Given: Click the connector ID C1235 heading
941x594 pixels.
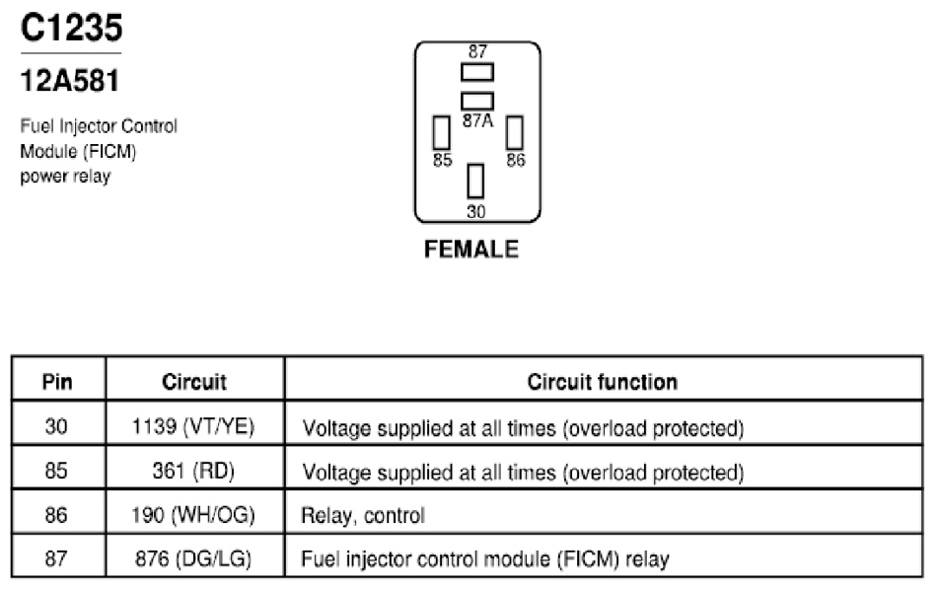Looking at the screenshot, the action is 71,28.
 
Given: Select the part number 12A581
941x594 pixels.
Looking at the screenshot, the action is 70,81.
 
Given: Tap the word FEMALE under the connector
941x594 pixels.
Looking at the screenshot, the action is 471,250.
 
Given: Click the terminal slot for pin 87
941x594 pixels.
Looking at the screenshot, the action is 477,72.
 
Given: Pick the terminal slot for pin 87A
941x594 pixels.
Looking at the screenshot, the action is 477,101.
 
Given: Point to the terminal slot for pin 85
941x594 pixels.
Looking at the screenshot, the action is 442,132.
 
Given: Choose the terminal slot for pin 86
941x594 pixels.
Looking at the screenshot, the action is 515,132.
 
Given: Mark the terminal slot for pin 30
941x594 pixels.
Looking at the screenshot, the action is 475,181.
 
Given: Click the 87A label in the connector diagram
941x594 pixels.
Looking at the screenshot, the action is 477,121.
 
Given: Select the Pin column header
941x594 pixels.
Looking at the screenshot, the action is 57,382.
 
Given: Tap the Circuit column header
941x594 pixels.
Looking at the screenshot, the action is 194,382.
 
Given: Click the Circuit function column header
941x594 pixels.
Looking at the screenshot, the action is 603,382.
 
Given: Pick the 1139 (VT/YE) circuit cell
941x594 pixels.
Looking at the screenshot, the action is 193,426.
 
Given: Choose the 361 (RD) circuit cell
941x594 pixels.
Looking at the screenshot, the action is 193,471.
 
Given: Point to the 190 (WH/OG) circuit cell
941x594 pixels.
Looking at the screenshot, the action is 193,515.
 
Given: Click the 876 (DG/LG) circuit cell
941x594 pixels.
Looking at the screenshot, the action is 193,558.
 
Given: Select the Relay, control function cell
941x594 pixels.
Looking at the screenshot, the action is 363,515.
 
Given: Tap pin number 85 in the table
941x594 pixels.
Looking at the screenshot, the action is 56,471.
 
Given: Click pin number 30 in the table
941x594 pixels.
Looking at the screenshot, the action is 56,426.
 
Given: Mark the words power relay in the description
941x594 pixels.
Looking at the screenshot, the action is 65,177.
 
